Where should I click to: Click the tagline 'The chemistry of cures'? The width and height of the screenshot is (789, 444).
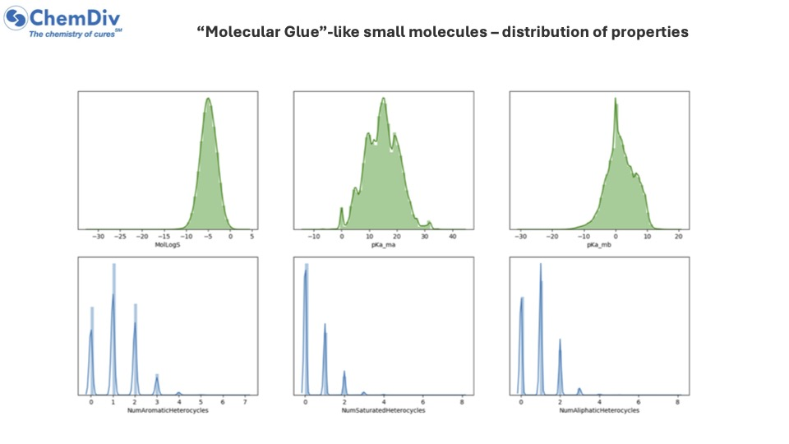(75, 35)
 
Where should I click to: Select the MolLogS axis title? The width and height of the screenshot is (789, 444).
(168, 245)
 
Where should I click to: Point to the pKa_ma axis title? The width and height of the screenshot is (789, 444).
(383, 245)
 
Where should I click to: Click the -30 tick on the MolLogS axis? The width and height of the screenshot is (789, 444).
(99, 237)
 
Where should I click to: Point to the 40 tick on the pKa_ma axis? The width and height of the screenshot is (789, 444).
(452, 237)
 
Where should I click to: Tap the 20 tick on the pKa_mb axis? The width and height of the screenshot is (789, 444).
(678, 237)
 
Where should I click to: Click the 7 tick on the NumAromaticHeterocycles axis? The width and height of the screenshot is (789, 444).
(246, 402)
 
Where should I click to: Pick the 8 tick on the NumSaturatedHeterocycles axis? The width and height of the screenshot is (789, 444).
(462, 402)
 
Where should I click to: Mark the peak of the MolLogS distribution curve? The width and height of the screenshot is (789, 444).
(208, 99)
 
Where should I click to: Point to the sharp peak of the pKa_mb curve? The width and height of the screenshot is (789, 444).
(615, 102)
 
